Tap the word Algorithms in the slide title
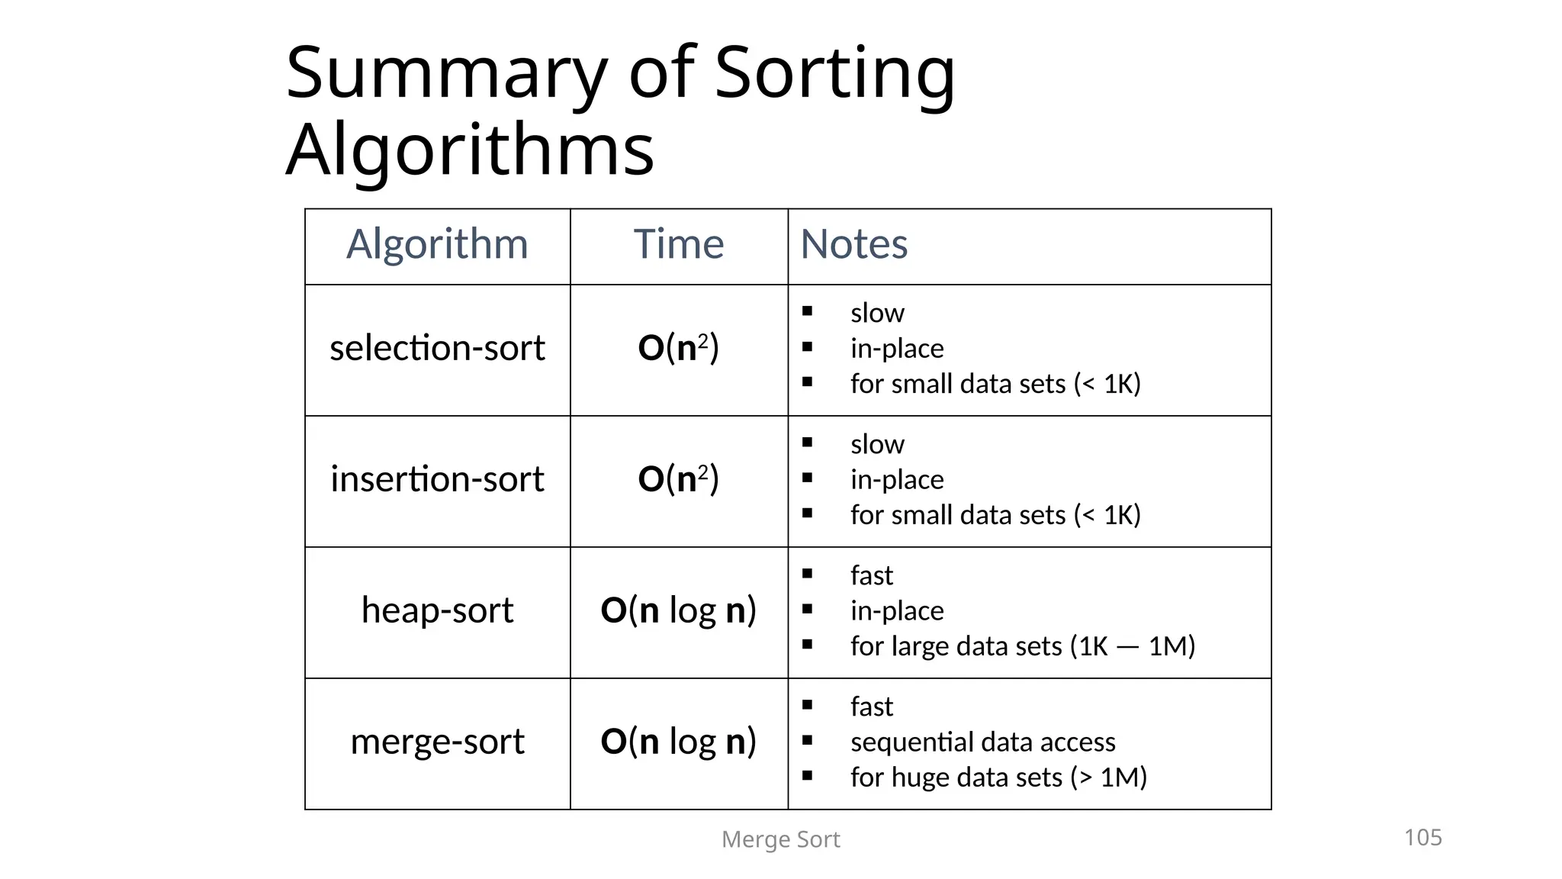pyautogui.click(x=470, y=150)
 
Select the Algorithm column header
pyautogui.click(x=437, y=244)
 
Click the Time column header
pyautogui.click(x=678, y=244)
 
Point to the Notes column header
pyautogui.click(x=853, y=244)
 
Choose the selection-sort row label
pyautogui.click(x=437, y=348)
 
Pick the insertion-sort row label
pyautogui.click(x=437, y=479)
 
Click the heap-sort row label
pyautogui.click(x=437, y=610)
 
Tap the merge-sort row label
pyautogui.click(x=437, y=742)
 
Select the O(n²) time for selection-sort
pyautogui.click(x=678, y=348)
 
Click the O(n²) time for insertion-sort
pyautogui.click(x=678, y=479)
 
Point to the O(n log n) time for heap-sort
pyautogui.click(x=678, y=610)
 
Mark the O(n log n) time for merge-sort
pyautogui.click(x=678, y=742)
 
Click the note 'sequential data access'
pyautogui.click(x=982, y=742)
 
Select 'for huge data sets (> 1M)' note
pyautogui.click(x=998, y=778)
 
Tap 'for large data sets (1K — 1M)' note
pyautogui.click(x=1022, y=646)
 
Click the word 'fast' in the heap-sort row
pyautogui.click(x=871, y=575)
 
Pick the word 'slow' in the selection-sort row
pyautogui.click(x=877, y=313)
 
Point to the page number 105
pyautogui.click(x=1422, y=837)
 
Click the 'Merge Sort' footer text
pyautogui.click(x=780, y=839)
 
